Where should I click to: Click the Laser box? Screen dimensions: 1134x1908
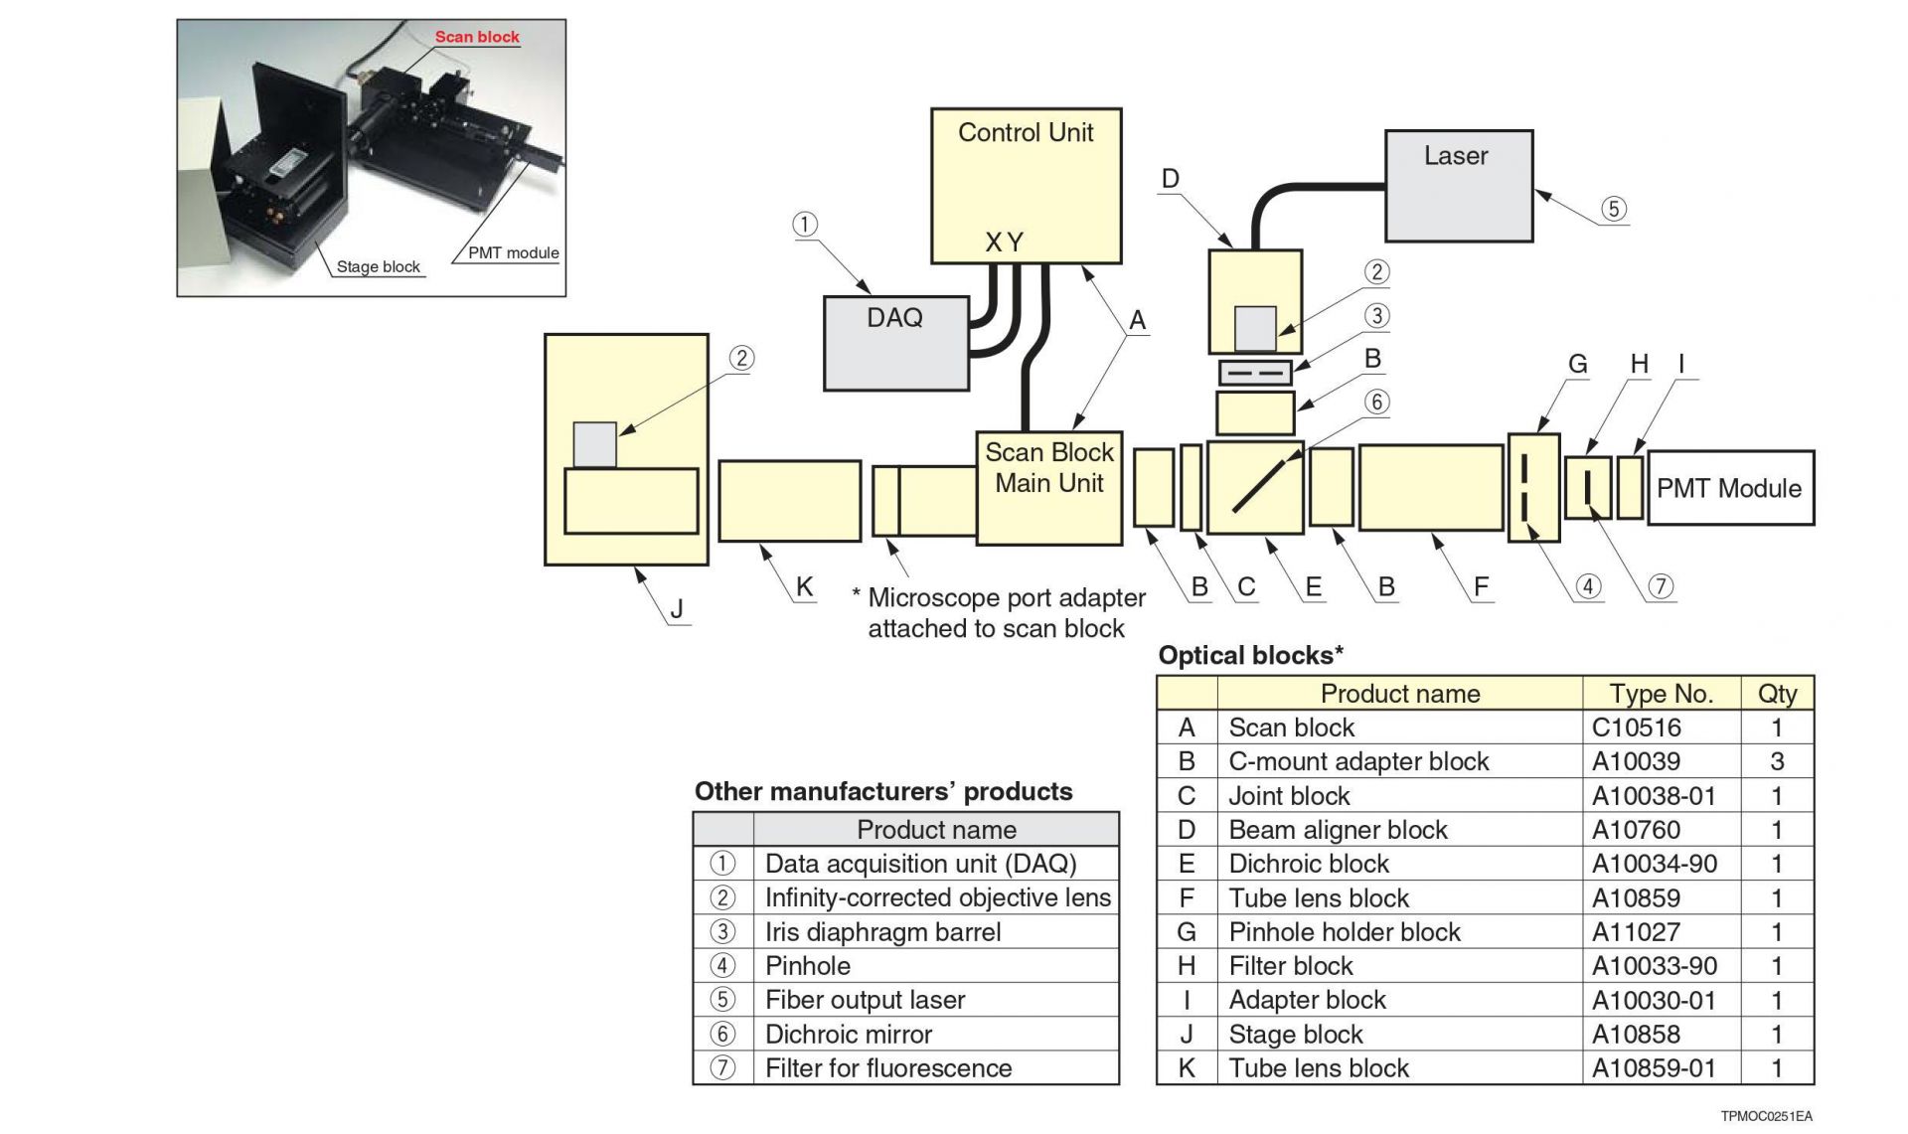coord(1458,186)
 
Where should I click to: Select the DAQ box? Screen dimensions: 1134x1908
coord(895,343)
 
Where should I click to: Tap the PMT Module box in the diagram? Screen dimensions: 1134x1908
coord(1729,488)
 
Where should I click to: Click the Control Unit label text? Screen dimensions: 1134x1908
coord(1025,133)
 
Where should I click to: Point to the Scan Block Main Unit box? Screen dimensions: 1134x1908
coord(1048,487)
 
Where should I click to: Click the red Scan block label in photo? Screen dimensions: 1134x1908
coord(477,37)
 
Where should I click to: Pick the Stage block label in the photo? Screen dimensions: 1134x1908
coord(378,266)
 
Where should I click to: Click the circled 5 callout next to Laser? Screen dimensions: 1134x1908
coord(1613,209)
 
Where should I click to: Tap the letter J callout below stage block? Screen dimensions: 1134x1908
coord(677,608)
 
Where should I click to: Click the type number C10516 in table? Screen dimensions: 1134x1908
coord(1636,728)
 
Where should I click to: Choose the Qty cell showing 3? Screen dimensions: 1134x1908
coord(1777,761)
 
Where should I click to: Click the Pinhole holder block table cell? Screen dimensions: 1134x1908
coord(1344,932)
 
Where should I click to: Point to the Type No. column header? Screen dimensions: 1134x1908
coord(1661,694)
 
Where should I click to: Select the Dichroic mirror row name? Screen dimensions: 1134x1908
coord(848,1035)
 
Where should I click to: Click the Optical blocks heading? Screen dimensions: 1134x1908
coord(1250,656)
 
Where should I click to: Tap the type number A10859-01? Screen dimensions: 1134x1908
coord(1654,1068)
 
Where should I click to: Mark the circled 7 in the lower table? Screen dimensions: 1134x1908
coord(722,1068)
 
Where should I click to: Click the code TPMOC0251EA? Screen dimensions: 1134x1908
coord(1766,1116)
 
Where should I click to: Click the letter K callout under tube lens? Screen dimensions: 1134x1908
coord(804,586)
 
